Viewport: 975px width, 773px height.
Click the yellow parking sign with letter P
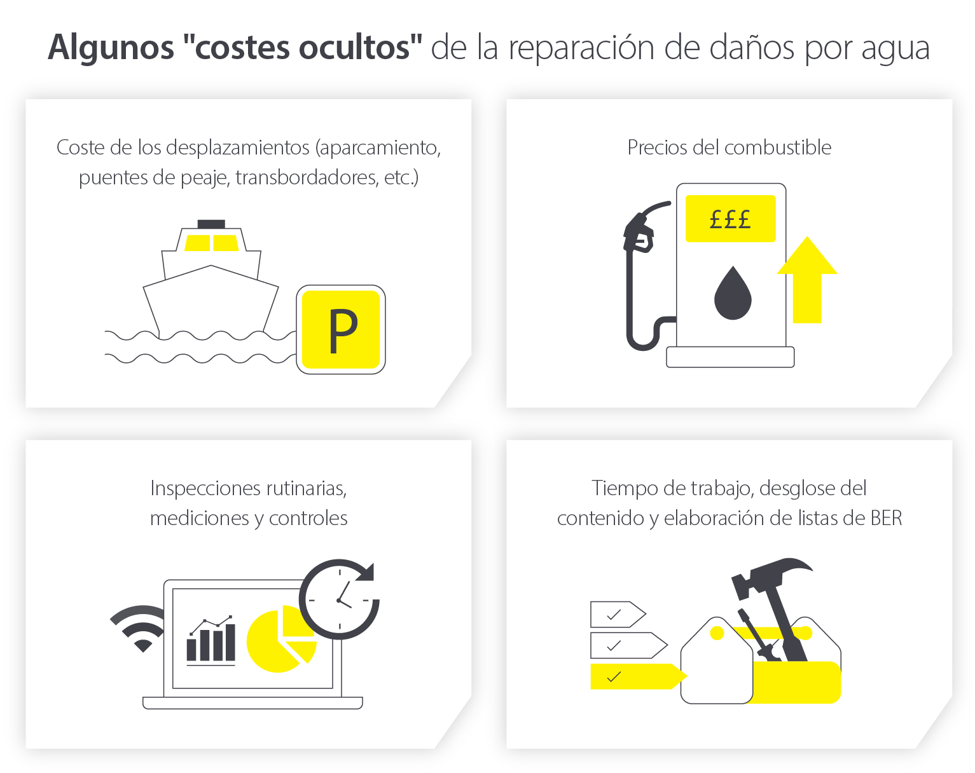tap(341, 330)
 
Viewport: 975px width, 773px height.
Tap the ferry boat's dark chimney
tap(211, 224)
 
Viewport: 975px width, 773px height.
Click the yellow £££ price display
tap(730, 219)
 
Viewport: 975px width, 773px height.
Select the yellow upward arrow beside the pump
tap(807, 280)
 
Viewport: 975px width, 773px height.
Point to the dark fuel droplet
tap(733, 294)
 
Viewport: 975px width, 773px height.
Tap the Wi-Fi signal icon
tap(139, 629)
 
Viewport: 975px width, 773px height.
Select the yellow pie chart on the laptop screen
tap(281, 638)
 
